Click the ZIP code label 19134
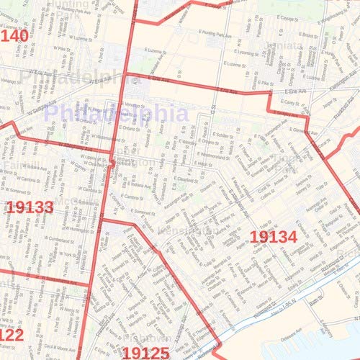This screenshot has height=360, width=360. pyautogui.click(x=273, y=235)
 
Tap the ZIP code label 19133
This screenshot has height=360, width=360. pyautogui.click(x=30, y=208)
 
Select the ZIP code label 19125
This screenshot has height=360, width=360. pyautogui.click(x=145, y=352)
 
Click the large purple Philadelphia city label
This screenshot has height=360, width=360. pyautogui.click(x=115, y=113)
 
